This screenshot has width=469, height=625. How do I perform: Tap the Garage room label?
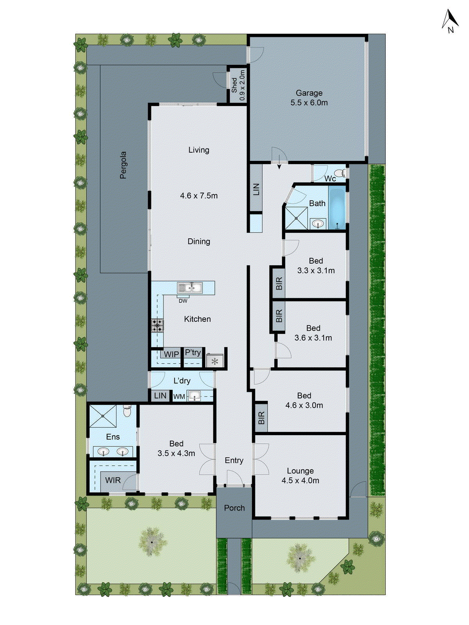point(309,93)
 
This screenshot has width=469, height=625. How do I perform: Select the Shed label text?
point(234,85)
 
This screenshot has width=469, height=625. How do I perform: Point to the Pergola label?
point(124,165)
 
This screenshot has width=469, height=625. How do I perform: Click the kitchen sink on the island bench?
point(190,288)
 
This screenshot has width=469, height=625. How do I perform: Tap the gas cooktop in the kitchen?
point(158,325)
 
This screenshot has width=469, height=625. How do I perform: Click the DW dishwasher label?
point(183,301)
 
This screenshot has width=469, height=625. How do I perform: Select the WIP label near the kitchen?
point(171,354)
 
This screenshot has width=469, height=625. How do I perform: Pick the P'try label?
point(193,353)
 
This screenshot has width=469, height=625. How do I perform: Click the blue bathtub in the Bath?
point(337,207)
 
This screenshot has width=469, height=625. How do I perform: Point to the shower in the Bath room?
point(296,218)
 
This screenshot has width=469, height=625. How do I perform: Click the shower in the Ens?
point(103,416)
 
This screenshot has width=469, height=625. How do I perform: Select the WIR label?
point(113,480)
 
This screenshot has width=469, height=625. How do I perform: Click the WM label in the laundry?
point(179,396)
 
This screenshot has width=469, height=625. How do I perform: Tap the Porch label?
point(234,508)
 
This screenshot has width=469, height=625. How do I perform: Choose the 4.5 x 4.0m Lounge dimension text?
point(300,481)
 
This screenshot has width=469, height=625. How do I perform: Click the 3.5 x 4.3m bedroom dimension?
point(176,454)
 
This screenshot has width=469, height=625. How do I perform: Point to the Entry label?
point(234,461)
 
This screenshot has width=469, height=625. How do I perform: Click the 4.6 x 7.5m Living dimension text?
point(199,196)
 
